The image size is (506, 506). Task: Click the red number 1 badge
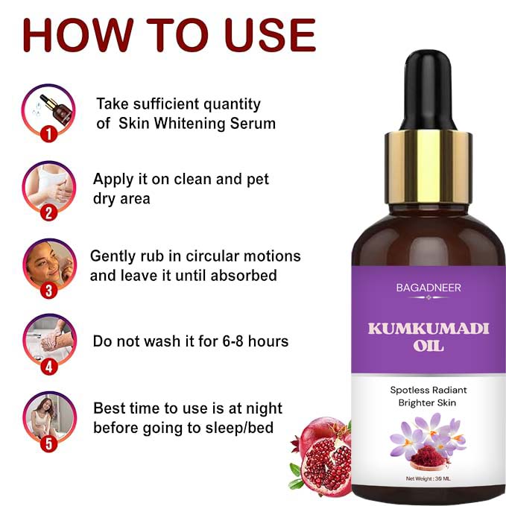48,134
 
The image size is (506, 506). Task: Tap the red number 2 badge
49,212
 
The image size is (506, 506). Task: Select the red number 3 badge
49,291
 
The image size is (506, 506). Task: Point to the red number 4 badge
49,367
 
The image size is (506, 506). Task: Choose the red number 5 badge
49,445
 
